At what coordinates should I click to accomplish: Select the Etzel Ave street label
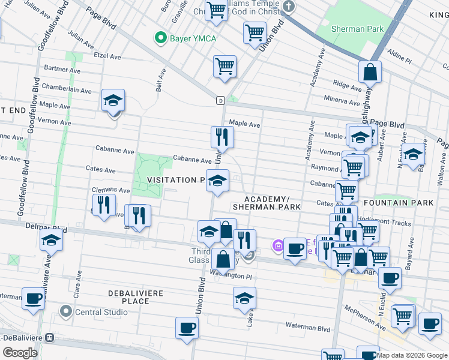click(x=108, y=56)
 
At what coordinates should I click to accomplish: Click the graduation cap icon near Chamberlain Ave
click(x=113, y=101)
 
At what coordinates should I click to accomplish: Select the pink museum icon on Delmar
click(x=277, y=245)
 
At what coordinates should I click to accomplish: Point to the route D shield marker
click(x=221, y=100)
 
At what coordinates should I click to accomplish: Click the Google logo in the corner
click(x=20, y=352)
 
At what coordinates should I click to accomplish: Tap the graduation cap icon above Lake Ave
click(x=244, y=298)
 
